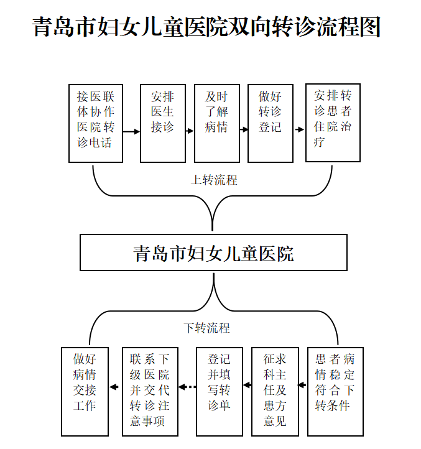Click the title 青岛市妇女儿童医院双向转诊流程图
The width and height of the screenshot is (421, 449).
(x=206, y=28)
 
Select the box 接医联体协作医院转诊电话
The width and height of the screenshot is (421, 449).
(x=95, y=123)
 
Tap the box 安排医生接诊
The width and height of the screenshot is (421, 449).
(x=163, y=123)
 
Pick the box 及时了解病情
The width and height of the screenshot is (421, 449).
(x=216, y=123)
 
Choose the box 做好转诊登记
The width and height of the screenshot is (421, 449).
(x=270, y=123)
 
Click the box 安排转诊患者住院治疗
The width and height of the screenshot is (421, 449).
(x=333, y=123)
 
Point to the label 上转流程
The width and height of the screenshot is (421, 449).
(x=214, y=180)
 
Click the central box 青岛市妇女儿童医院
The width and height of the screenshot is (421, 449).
(x=213, y=252)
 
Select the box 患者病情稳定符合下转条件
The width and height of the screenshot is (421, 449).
(x=336, y=391)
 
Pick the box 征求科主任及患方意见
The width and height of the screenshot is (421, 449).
(x=274, y=391)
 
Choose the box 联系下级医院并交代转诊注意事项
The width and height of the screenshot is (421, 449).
(x=150, y=391)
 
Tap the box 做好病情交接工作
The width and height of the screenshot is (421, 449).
(x=85, y=391)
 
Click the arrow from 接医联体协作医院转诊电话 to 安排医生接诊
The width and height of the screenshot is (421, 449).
(x=131, y=132)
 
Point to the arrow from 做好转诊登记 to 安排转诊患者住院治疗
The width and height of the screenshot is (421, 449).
(x=300, y=130)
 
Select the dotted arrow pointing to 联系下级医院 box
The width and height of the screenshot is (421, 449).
(x=188, y=387)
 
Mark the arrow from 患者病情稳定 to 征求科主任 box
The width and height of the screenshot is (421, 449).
(x=303, y=386)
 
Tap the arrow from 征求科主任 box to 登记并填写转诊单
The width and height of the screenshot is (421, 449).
(x=247, y=386)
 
